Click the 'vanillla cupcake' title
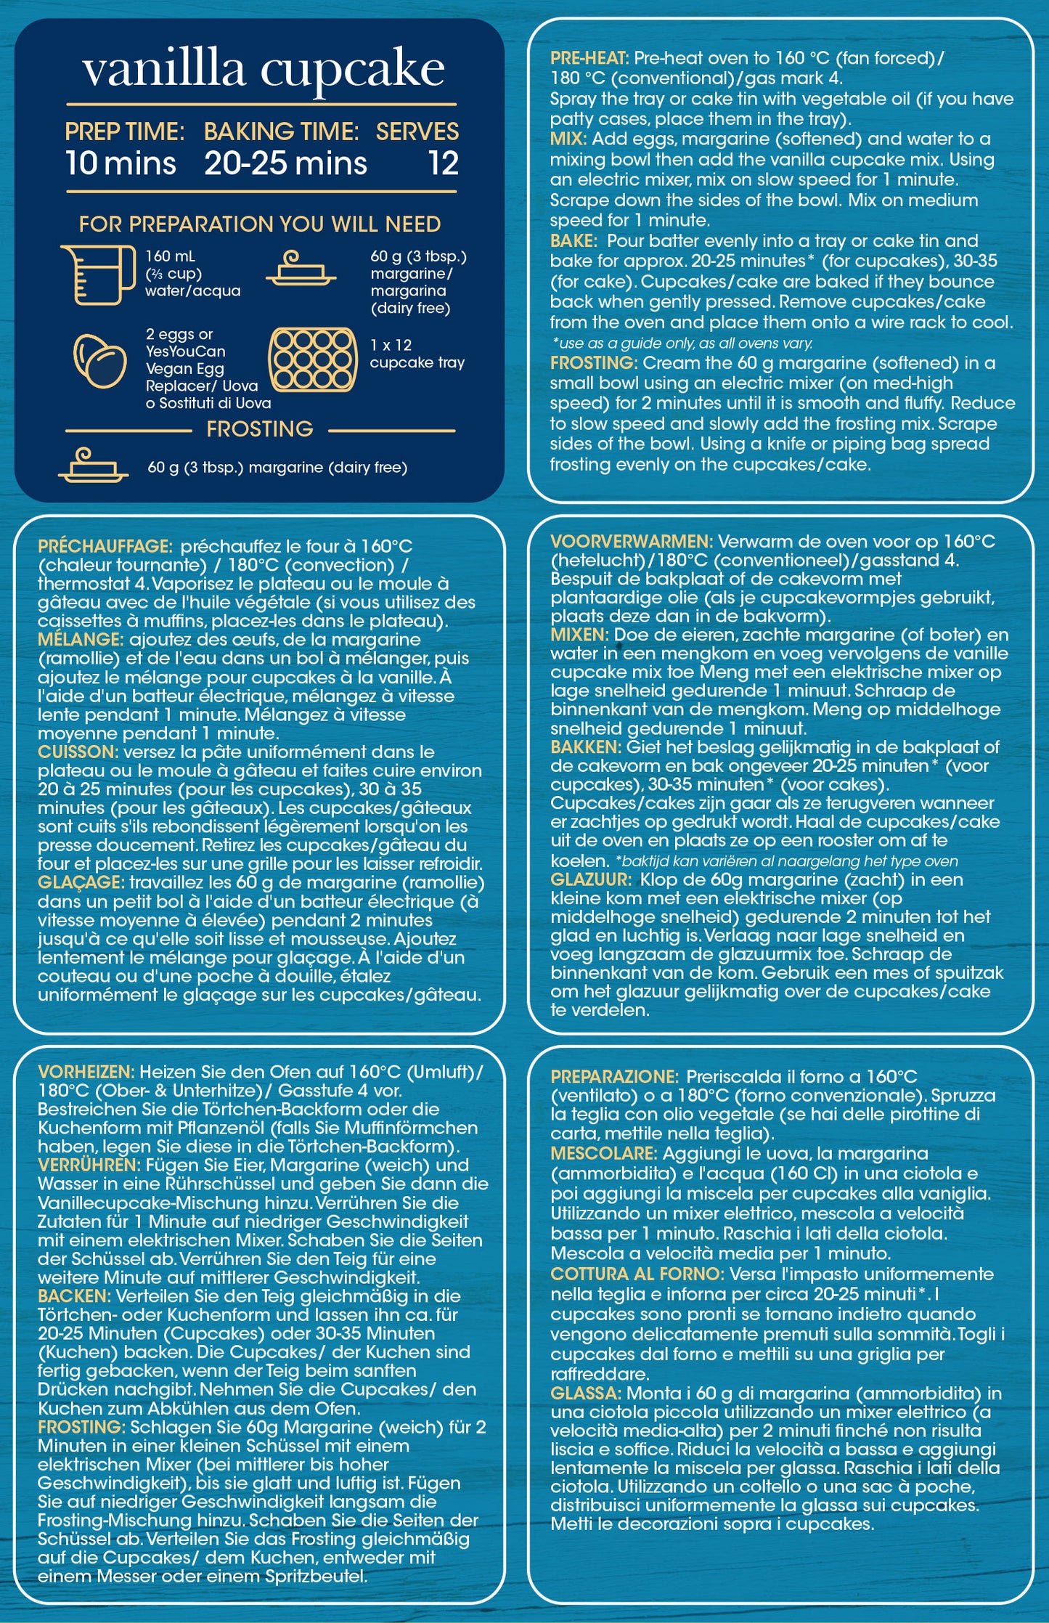pyautogui.click(x=263, y=70)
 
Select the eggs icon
pyautogui.click(x=100, y=360)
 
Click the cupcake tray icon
pyautogui.click(x=313, y=359)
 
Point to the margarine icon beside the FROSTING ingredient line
pyautogui.click(x=93, y=465)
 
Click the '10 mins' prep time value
pyautogui.click(x=121, y=163)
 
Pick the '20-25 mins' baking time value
pyautogui.click(x=285, y=163)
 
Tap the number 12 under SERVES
pyautogui.click(x=443, y=163)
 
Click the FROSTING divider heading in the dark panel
pyautogui.click(x=260, y=429)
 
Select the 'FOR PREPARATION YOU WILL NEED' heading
pyautogui.click(x=260, y=224)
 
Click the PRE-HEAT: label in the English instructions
pyautogui.click(x=589, y=58)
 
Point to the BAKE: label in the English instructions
pyautogui.click(x=574, y=241)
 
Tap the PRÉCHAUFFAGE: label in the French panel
pyautogui.click(x=105, y=546)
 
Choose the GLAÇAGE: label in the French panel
pyautogui.click(x=81, y=882)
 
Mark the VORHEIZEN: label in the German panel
pyautogui.click(x=86, y=1072)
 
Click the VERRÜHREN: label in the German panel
pyautogui.click(x=89, y=1166)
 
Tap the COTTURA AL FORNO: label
pyautogui.click(x=637, y=1274)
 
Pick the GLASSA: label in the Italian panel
pyautogui.click(x=585, y=1394)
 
